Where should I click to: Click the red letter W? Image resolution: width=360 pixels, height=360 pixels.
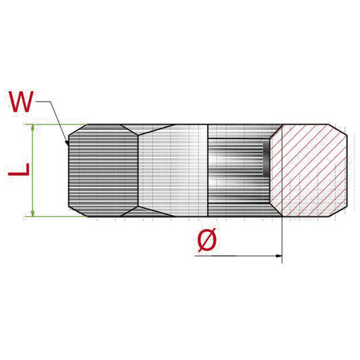click(x=21, y=102)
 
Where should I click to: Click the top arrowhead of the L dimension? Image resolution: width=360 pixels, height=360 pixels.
click(x=32, y=128)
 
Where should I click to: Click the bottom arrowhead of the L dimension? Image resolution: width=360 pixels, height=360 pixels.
click(x=32, y=213)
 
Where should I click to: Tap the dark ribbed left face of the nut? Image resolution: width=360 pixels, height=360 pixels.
click(x=102, y=169)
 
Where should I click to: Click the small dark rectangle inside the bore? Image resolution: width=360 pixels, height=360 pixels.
click(x=266, y=160)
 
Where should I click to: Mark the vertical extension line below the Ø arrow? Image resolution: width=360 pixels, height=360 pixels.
click(x=282, y=240)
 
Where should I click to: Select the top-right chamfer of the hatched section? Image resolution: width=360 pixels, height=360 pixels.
click(x=338, y=132)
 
